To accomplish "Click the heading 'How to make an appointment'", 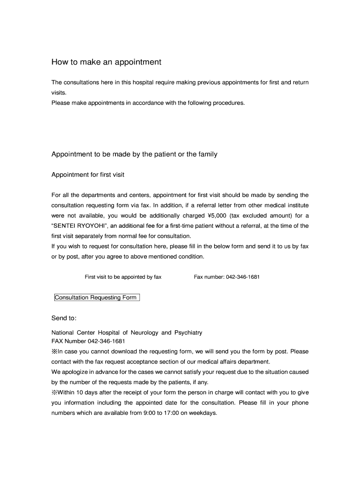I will (x=106, y=62).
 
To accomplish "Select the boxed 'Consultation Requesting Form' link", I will (x=97, y=298).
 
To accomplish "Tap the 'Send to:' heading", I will (x=64, y=318).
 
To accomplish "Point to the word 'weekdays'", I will (x=204, y=414).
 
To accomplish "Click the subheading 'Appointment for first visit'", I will (x=88, y=175).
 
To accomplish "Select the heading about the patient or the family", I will (x=134, y=154).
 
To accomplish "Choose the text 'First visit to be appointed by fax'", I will (x=123, y=277).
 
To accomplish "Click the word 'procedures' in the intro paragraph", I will (x=228, y=103).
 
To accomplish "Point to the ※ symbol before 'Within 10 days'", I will (x=54, y=392).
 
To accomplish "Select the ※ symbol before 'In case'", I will (x=54, y=351).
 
